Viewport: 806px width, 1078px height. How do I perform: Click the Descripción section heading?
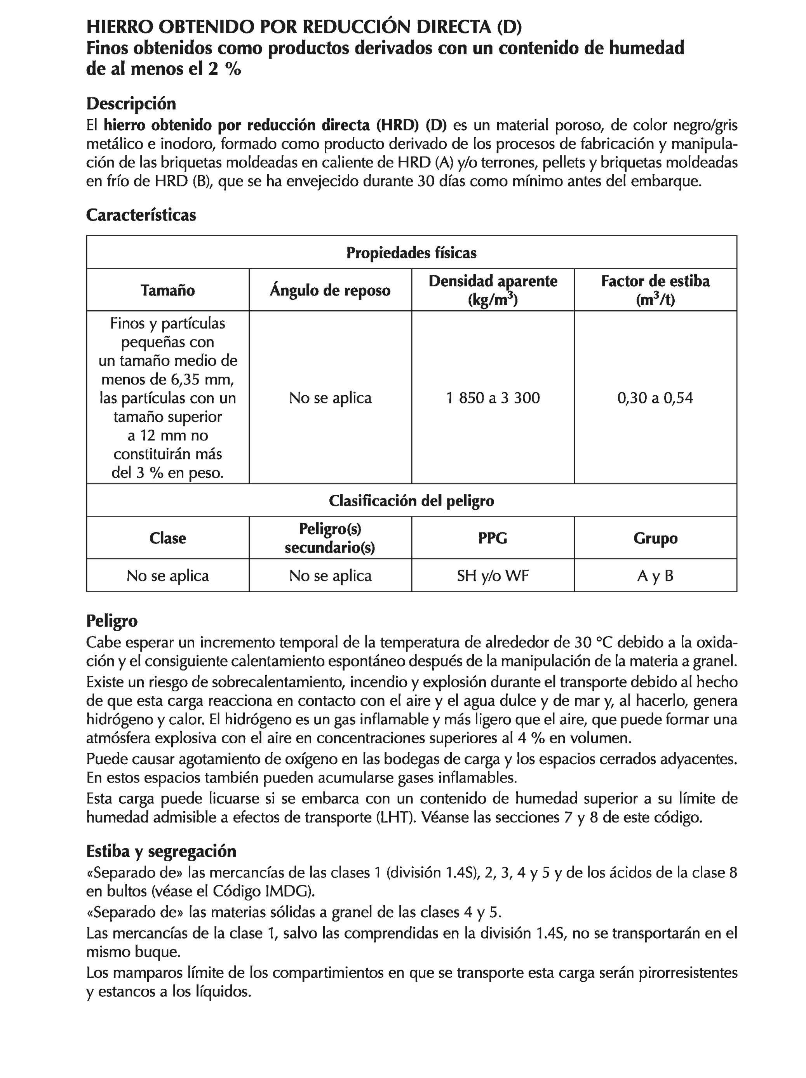point(131,104)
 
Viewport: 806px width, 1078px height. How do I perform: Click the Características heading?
point(141,215)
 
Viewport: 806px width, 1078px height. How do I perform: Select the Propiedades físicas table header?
point(411,253)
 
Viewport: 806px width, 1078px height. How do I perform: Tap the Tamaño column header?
point(167,290)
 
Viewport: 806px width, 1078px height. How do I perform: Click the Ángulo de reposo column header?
point(330,290)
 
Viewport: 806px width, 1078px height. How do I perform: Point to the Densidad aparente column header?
point(493,290)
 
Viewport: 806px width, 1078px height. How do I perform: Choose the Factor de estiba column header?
point(655,290)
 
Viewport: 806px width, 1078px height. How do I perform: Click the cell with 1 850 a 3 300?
point(493,398)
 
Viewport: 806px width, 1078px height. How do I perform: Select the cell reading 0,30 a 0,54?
point(655,398)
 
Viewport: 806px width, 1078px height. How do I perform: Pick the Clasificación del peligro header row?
point(411,501)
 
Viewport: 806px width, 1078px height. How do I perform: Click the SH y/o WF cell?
point(493,576)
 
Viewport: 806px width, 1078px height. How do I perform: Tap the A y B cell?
point(655,576)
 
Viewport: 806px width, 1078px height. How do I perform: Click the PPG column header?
point(493,538)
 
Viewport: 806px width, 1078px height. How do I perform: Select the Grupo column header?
point(655,538)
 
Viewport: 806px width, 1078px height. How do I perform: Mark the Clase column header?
point(167,538)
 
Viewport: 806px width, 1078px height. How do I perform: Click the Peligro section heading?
point(111,621)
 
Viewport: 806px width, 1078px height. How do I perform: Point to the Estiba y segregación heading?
point(161,851)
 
